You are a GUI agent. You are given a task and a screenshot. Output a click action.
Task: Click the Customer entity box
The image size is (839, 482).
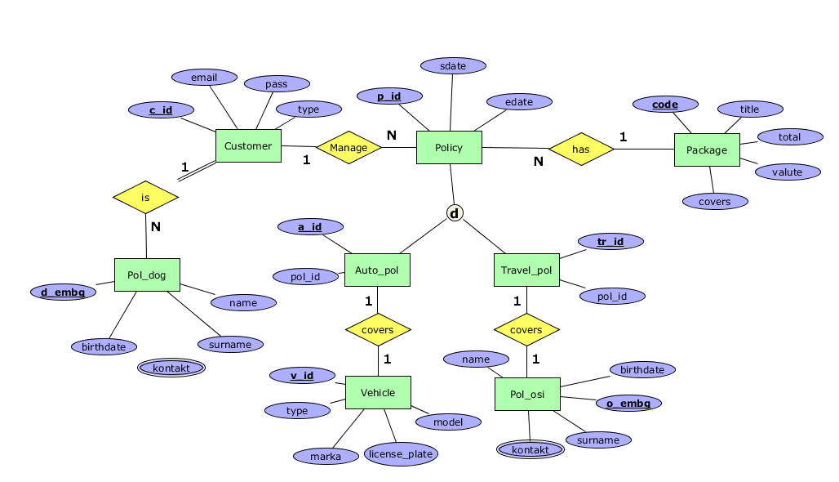pos(248,146)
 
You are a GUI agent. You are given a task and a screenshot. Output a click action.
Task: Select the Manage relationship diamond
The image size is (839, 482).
pos(349,148)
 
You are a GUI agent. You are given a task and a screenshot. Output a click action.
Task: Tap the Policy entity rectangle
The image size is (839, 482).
pos(449,148)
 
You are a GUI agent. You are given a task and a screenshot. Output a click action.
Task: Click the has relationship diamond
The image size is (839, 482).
pos(580,150)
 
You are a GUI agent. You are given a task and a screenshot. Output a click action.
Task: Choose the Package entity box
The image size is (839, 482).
pos(707,150)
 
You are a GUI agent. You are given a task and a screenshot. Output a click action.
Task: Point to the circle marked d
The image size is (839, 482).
pos(455,213)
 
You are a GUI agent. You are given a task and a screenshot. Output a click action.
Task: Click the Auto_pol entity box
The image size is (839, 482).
pos(377,270)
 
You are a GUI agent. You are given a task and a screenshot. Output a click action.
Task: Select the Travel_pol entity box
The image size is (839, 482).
pos(526,270)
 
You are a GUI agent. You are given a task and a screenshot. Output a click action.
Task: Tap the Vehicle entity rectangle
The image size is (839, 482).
pos(378,393)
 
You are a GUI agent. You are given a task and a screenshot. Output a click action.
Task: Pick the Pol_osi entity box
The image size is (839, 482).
pos(527,395)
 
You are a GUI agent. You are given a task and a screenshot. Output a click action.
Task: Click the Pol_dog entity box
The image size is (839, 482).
pos(147,275)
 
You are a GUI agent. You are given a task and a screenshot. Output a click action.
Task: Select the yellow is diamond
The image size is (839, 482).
pos(145,198)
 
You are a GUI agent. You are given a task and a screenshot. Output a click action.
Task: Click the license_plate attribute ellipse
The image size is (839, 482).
pos(401,454)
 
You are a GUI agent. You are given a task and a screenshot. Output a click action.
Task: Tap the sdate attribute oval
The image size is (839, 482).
pos(453,65)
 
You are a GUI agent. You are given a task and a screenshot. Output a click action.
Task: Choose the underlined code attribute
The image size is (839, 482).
pos(666,105)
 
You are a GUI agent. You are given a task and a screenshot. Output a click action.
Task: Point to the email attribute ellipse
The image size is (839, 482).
pos(204,78)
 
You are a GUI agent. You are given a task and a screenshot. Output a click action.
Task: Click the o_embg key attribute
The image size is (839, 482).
pos(628,403)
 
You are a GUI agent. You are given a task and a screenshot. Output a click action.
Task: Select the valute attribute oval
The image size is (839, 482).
pos(787,172)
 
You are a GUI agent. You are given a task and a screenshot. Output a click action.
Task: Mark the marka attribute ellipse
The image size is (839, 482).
pos(326,456)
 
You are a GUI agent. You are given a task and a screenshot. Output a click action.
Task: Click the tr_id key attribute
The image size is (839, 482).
pos(610,242)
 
